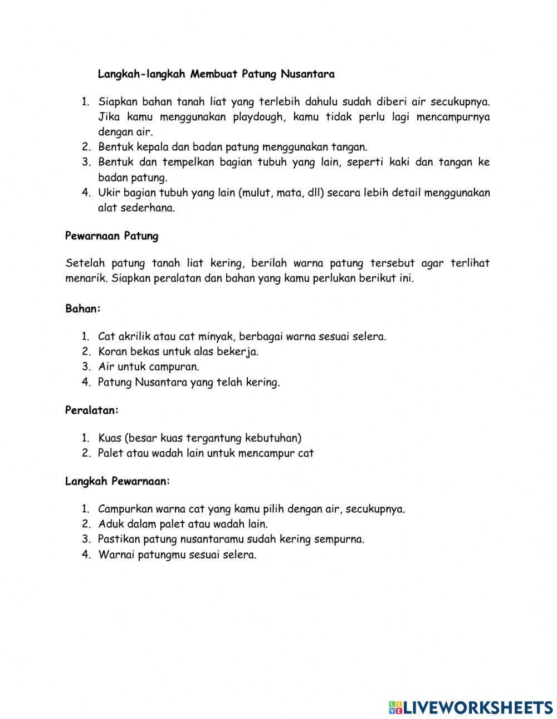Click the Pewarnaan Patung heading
[111, 236]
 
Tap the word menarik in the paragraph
[85, 278]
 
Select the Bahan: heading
[83, 309]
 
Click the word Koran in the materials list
[113, 351]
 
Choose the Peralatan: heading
[92, 410]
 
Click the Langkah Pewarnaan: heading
[118, 481]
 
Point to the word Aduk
[109, 524]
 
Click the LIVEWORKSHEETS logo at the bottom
[471, 707]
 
